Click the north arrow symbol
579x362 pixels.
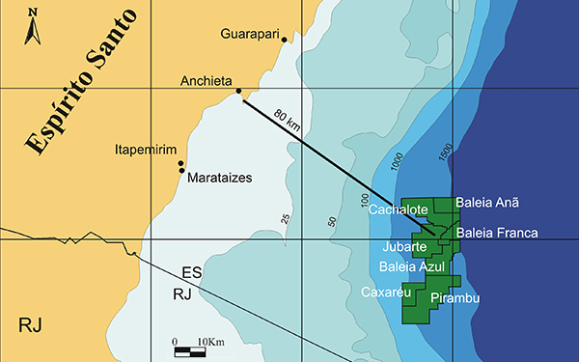[x=32, y=26]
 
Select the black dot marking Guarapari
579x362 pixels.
[x=284, y=40]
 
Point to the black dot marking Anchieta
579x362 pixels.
[x=239, y=92]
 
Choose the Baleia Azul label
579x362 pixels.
[x=411, y=265]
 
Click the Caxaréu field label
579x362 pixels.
[x=386, y=291]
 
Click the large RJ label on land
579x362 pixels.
[x=32, y=322]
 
